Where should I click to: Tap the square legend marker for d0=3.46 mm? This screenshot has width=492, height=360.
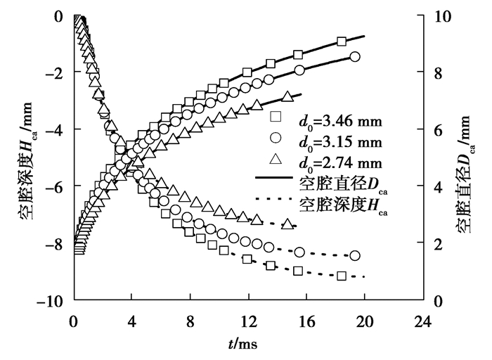click(276, 116)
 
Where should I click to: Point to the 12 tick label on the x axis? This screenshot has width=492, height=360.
click(247, 316)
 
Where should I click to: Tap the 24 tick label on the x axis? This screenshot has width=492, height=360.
click(421, 316)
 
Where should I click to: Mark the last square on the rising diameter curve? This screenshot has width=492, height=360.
click(342, 42)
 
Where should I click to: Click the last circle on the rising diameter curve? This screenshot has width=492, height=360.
click(354, 57)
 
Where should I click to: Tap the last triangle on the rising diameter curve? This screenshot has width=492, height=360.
click(286, 96)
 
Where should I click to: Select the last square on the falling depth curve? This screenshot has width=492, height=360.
click(342, 276)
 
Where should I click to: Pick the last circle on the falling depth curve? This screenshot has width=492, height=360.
click(354, 255)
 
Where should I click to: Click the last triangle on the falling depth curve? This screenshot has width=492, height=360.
click(287, 224)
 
